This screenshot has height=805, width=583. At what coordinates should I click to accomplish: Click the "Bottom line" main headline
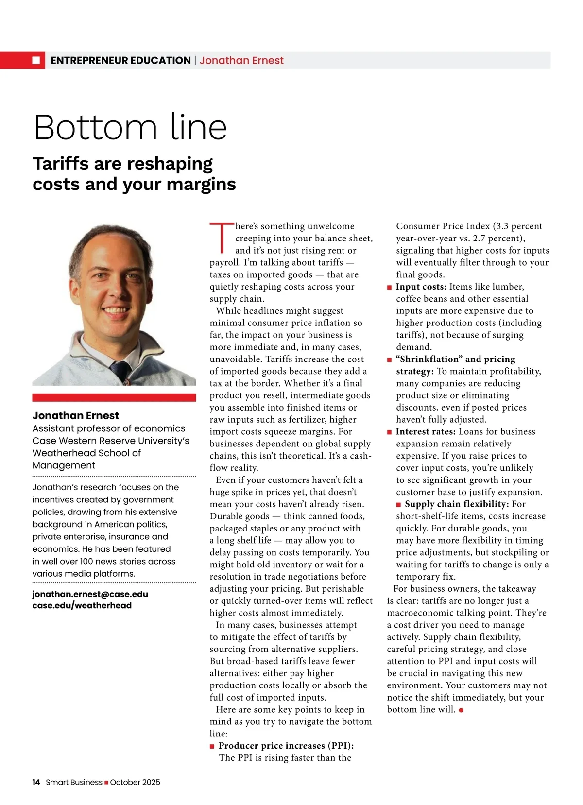(130, 127)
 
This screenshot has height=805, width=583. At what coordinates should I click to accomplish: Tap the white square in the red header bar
(36, 60)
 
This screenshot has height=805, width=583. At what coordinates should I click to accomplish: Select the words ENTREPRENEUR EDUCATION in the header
(120, 60)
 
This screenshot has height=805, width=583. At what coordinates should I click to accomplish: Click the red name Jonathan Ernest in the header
(241, 60)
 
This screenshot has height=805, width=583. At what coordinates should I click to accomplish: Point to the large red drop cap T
(222, 238)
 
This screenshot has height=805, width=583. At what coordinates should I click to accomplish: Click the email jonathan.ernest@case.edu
(90, 594)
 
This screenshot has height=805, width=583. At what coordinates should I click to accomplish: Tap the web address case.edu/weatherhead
(82, 605)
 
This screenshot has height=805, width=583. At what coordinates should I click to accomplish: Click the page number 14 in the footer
(36, 782)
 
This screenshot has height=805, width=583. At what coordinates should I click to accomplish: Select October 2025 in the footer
(135, 782)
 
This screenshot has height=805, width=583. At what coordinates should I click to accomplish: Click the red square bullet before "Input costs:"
(389, 287)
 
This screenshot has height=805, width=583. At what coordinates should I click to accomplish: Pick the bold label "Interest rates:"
(426, 431)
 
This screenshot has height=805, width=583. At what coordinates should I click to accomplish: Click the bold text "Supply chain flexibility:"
(457, 504)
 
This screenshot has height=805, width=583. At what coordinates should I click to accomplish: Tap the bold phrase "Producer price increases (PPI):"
(286, 745)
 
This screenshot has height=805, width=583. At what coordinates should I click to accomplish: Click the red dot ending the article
(461, 710)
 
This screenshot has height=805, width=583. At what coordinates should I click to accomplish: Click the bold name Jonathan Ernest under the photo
(75, 415)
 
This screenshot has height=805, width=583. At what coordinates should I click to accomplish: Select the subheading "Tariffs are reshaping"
(122, 164)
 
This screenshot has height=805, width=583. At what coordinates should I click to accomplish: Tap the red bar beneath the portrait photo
(114, 397)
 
